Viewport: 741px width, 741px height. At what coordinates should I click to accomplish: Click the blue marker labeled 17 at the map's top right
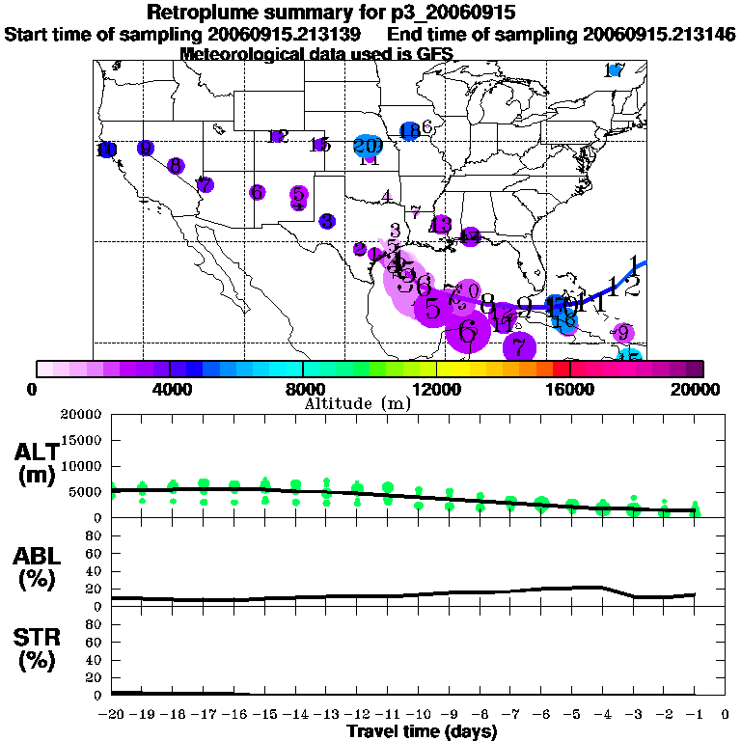[x=614, y=70]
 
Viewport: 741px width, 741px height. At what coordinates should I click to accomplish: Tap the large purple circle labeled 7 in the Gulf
[x=519, y=346]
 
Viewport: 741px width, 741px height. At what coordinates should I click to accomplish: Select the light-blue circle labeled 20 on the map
[x=367, y=147]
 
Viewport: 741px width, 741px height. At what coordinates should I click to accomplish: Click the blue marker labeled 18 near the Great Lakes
[x=409, y=131]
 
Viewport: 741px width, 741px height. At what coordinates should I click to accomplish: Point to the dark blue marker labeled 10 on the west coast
[x=106, y=150]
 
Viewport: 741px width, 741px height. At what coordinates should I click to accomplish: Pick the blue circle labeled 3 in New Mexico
[x=327, y=221]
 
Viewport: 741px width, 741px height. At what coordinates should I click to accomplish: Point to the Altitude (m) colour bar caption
[x=357, y=402]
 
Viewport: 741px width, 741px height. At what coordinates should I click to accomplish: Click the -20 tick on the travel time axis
[x=112, y=715]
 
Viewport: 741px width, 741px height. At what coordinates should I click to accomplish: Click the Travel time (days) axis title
[x=422, y=731]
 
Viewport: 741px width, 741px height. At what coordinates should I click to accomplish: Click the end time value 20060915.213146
[x=660, y=35]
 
